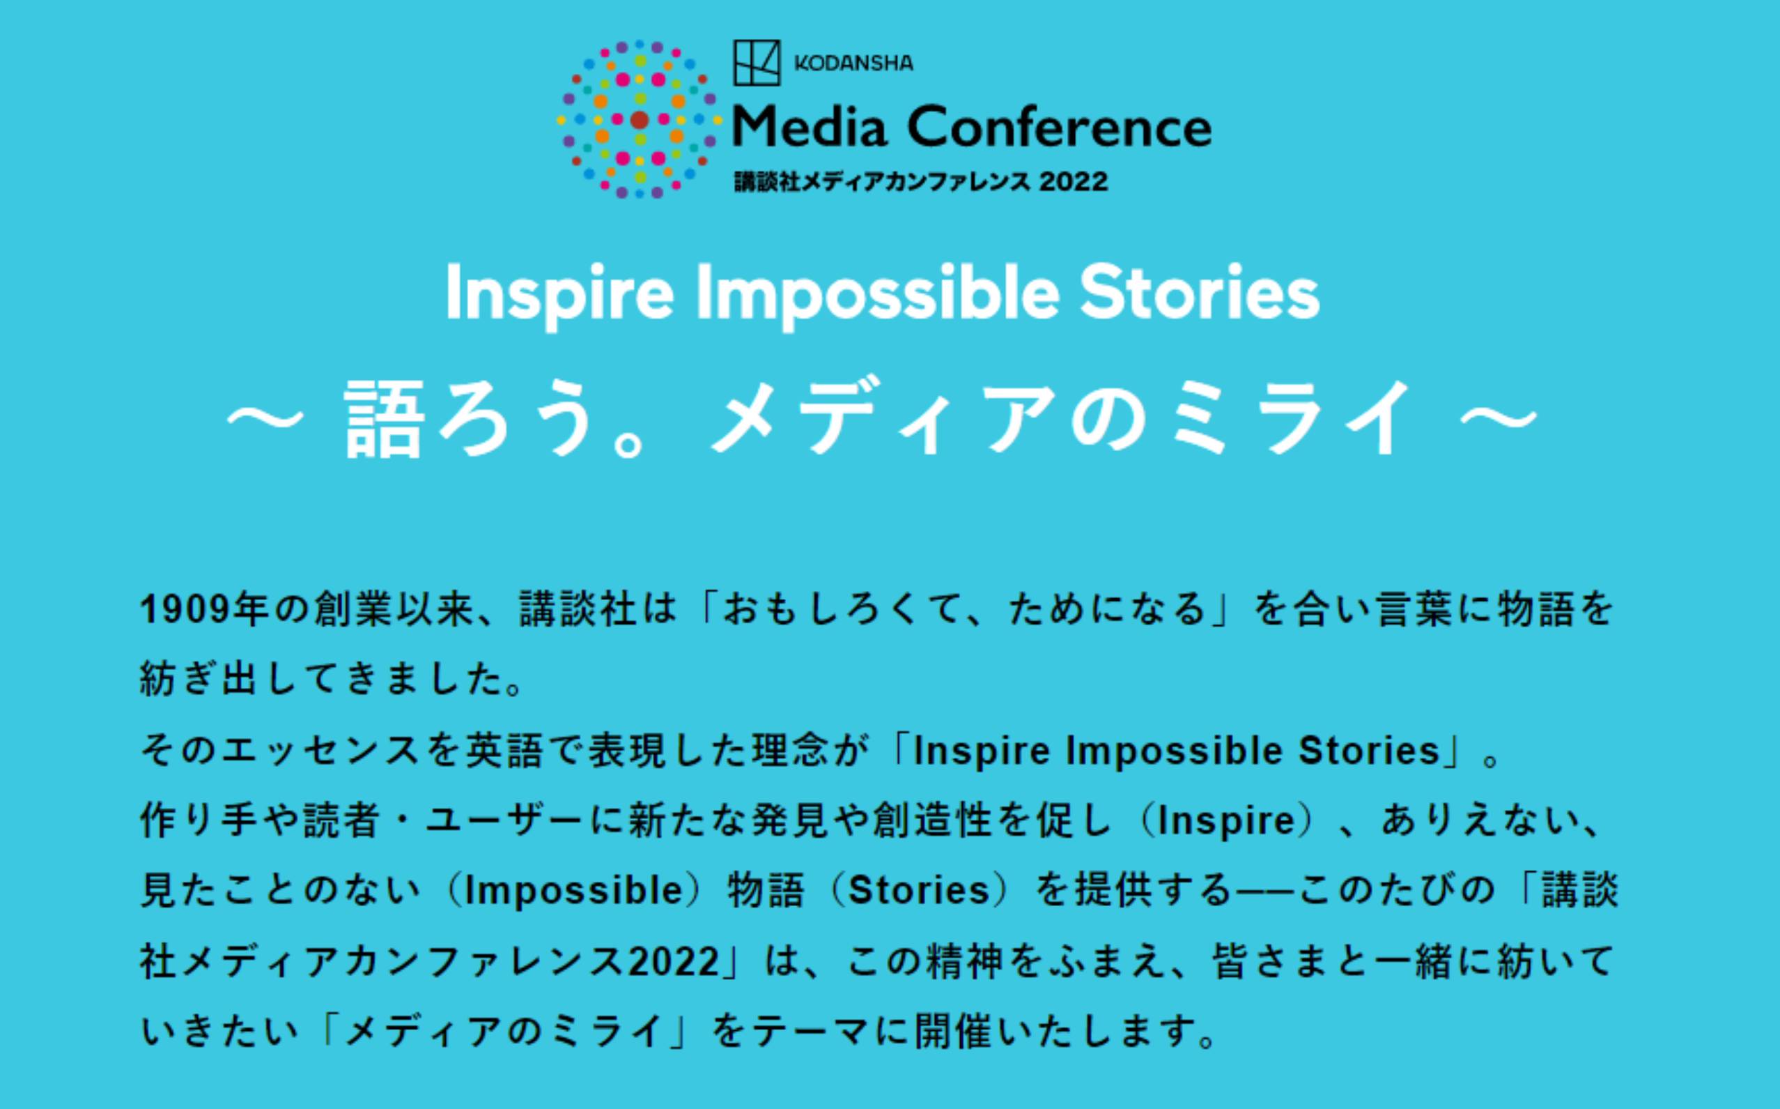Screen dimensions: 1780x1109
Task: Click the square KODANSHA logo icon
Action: [x=757, y=62]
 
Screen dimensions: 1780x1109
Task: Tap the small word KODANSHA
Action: [x=854, y=64]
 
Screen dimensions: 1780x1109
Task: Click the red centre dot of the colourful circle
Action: [x=640, y=120]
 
